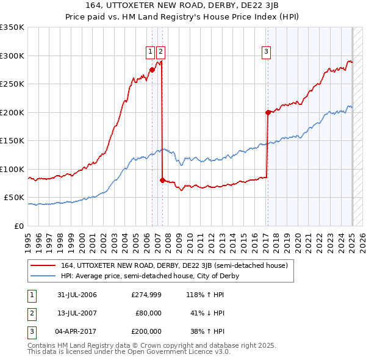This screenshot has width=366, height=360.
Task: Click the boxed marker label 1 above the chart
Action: [x=150, y=52]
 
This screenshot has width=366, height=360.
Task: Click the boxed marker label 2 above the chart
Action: [x=160, y=52]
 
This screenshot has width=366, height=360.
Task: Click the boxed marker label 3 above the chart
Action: [x=267, y=52]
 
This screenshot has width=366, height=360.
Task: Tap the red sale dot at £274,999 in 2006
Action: [x=152, y=70]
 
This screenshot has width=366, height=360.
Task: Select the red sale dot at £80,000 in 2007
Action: [x=162, y=180]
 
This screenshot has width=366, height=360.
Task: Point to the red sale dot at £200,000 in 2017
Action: [x=268, y=112]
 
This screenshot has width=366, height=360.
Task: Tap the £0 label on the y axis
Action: [x=18, y=226]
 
